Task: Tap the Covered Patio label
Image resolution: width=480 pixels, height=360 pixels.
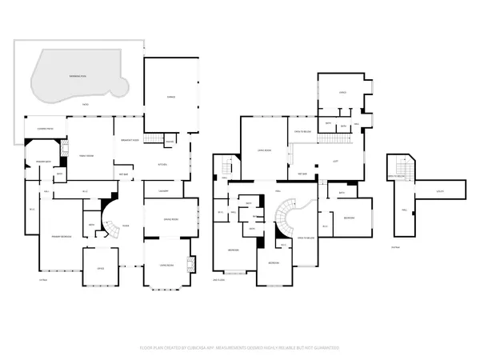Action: (38, 129)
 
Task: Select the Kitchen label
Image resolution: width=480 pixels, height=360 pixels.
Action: (162, 165)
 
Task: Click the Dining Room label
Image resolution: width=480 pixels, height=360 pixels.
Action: (170, 218)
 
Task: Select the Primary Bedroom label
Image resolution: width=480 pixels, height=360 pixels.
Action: (62, 237)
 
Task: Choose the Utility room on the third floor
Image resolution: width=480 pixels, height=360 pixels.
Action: (440, 191)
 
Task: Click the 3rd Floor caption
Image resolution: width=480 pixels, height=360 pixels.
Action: (394, 247)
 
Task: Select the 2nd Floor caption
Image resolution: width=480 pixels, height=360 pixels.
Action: (218, 279)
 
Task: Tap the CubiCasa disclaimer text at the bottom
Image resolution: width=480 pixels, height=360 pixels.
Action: (240, 348)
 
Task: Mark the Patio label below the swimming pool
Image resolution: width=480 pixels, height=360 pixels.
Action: (86, 105)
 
